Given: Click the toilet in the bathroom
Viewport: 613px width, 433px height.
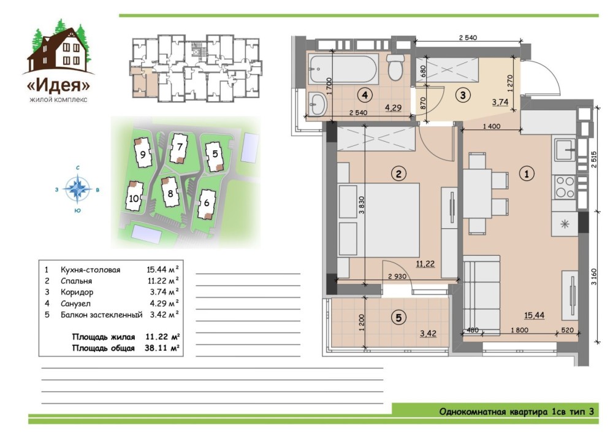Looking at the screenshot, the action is point(395,67).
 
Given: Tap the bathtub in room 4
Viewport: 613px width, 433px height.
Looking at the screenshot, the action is point(343,69).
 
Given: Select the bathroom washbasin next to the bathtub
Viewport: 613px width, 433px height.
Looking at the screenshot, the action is point(318,104).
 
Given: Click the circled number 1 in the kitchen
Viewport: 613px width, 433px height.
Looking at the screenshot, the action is point(526,174).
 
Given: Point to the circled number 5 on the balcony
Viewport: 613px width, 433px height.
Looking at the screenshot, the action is point(398,318).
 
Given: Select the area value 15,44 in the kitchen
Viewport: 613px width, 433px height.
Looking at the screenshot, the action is point(534,315).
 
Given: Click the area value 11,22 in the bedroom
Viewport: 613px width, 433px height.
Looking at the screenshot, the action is point(425,264).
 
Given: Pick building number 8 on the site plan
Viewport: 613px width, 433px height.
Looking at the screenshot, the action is point(170,193).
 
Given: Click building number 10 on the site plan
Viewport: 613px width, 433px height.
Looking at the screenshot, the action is point(134,199).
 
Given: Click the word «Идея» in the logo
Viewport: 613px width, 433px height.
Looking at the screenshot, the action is point(58,85).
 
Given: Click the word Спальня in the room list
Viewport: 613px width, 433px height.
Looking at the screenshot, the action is point(76,281).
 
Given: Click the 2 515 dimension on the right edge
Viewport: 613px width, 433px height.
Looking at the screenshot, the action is point(594,160).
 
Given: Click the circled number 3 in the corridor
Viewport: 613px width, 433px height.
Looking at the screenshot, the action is point(463,95).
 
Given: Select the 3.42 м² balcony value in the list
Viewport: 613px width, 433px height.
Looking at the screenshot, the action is point(164,315).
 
